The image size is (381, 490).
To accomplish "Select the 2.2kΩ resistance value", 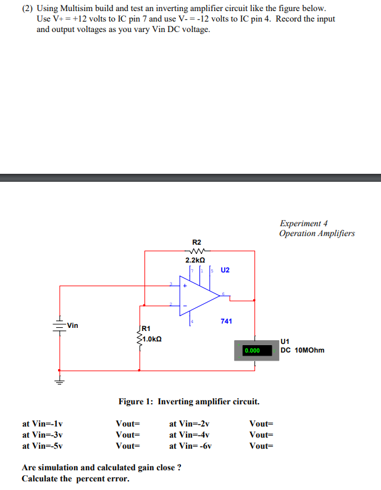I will [196, 261].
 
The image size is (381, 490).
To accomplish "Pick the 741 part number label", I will [226, 322].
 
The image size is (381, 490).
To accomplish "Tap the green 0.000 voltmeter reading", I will [253, 351].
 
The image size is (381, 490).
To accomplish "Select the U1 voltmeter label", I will [284, 341].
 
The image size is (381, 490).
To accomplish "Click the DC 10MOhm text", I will [302, 350].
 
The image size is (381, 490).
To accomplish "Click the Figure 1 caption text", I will [189, 402].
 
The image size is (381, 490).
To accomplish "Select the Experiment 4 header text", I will [303, 223].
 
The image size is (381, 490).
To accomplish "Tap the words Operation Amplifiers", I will [316, 233].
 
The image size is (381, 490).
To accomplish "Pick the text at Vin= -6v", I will [190, 446].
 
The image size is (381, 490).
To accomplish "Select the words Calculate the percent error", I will [75, 479].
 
